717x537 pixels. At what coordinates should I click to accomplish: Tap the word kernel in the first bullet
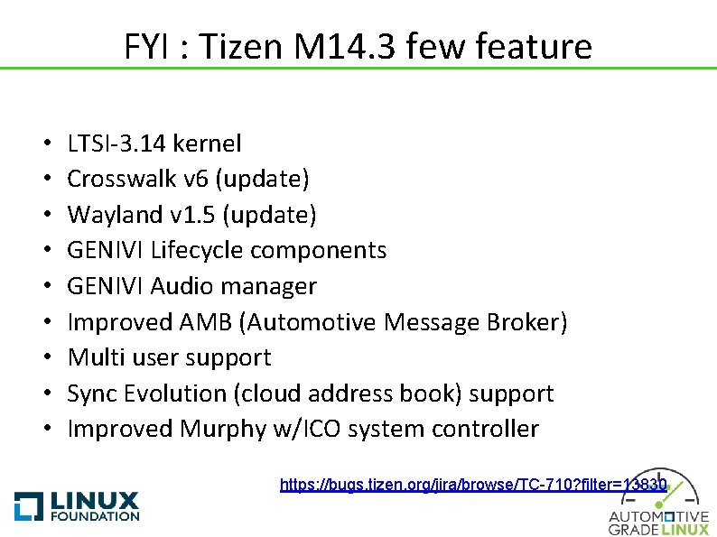[206, 143]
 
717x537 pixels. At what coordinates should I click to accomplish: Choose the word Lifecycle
[204, 250]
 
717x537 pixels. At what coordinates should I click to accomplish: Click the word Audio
[179, 286]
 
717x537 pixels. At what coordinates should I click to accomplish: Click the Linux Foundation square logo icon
[28, 506]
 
